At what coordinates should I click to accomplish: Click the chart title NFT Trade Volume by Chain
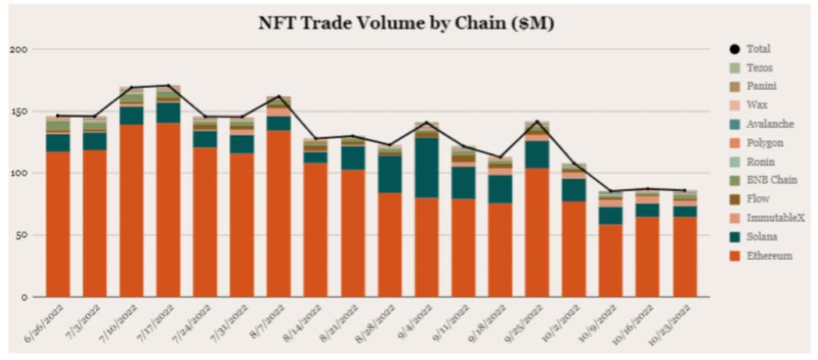(406, 23)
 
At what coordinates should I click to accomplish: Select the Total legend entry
(757, 49)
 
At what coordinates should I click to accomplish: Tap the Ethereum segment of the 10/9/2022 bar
(611, 260)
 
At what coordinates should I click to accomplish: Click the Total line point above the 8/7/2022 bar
(279, 97)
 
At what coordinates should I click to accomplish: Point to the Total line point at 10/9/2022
(611, 192)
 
